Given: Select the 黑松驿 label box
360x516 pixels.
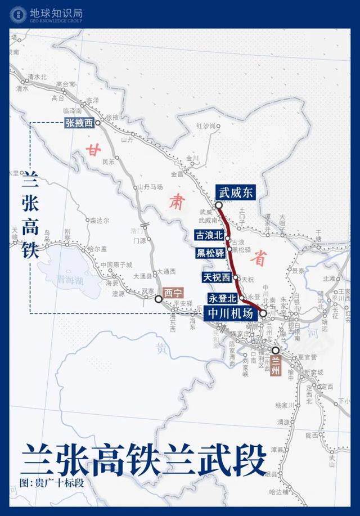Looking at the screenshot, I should pos(211,252).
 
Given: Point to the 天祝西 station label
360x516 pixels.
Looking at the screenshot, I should pos(217,277).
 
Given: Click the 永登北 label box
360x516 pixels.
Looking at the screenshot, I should pos(223,298).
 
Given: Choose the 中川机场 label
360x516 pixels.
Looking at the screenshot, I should pos(231,313).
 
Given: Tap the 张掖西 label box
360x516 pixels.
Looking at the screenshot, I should pos(79,122).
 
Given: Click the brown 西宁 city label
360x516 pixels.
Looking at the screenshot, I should pos(173,293).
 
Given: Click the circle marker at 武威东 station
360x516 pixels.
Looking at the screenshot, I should pos(219,205).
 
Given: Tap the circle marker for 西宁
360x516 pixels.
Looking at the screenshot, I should pos(159,299).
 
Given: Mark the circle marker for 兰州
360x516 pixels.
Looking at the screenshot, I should pos(276,350).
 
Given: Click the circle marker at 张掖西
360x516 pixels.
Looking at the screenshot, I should pos(98,122).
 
